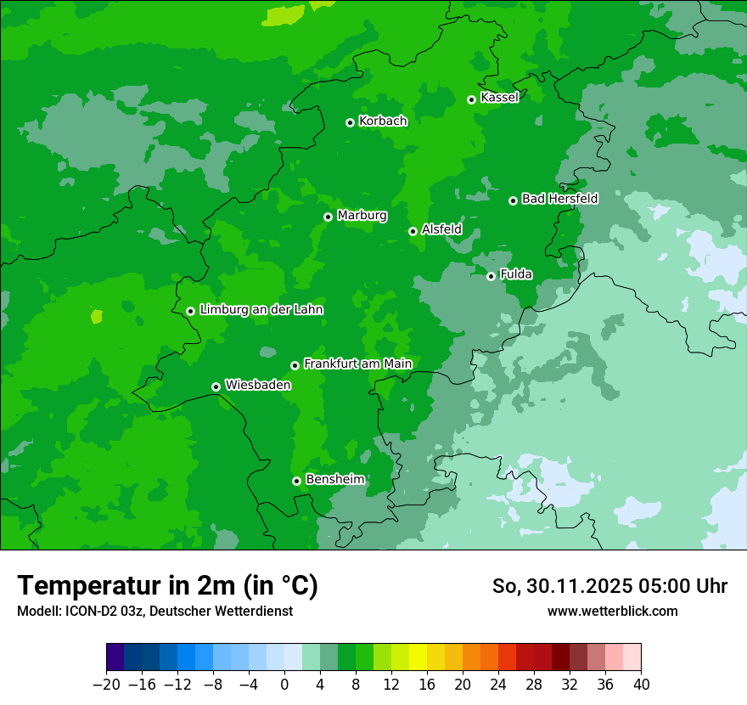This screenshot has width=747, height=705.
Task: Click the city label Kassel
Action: click(499, 98)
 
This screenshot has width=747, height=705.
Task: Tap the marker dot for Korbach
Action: click(350, 122)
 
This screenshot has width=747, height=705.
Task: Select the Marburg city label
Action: click(362, 216)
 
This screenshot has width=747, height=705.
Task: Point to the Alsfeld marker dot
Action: click(413, 231)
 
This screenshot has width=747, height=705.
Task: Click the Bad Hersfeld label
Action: click(559, 199)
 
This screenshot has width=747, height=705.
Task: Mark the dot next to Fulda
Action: click(491, 276)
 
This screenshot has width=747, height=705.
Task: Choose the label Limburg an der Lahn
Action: click(261, 310)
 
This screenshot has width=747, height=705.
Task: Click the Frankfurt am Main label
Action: click(357, 364)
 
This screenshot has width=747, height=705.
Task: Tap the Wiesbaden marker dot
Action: click(216, 386)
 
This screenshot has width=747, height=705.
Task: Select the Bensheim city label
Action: click(334, 479)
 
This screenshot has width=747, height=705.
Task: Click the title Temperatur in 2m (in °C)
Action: click(168, 586)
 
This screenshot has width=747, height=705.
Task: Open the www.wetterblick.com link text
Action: click(612, 611)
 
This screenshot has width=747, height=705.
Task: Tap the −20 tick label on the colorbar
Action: click(106, 685)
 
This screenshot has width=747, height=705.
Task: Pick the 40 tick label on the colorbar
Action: click(641, 685)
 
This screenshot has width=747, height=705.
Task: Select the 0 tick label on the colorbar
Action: click(284, 685)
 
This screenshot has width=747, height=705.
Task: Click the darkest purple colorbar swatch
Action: click(115, 657)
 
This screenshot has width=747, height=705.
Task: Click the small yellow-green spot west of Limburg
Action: click(97, 317)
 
